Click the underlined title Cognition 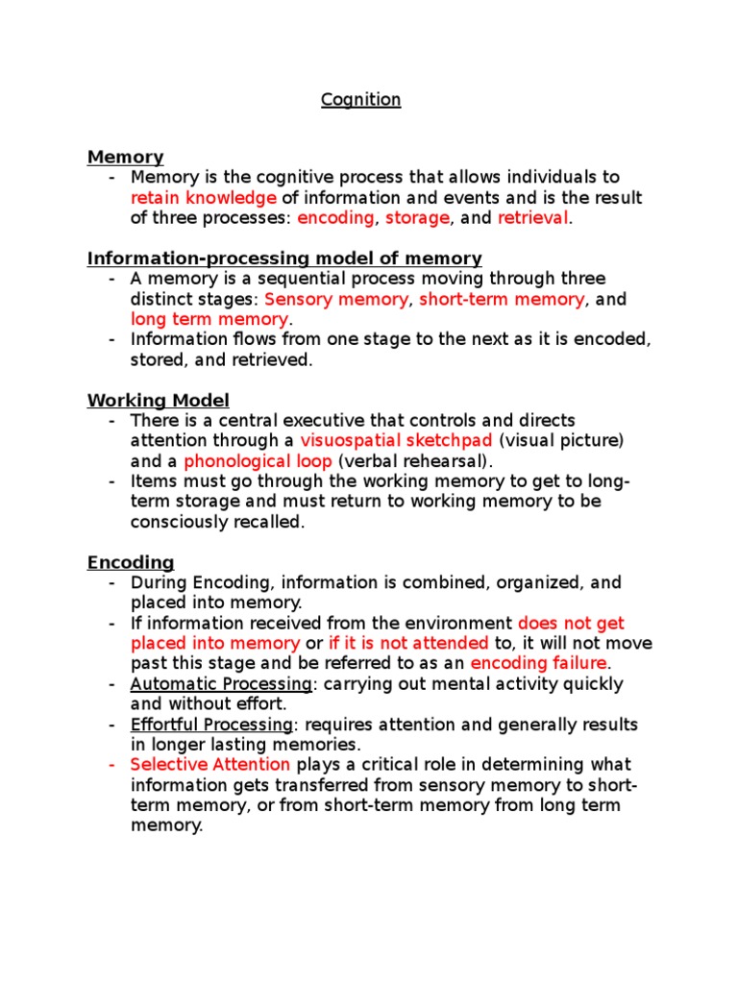pyautogui.click(x=360, y=100)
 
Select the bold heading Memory pyautogui.click(x=125, y=157)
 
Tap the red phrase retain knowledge pyautogui.click(x=203, y=198)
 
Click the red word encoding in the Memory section pyautogui.click(x=335, y=218)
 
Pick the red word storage pyautogui.click(x=417, y=218)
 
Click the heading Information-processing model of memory pyautogui.click(x=284, y=258)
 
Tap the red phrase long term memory pyautogui.click(x=209, y=319)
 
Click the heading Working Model pyautogui.click(x=159, y=400)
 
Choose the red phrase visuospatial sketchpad pyautogui.click(x=396, y=440)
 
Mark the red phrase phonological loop pyautogui.click(x=258, y=460)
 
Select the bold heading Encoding pyautogui.click(x=131, y=562)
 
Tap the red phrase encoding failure pyautogui.click(x=538, y=663)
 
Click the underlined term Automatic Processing pyautogui.click(x=222, y=684)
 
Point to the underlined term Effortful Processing pyautogui.click(x=211, y=725)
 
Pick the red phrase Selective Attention pyautogui.click(x=209, y=765)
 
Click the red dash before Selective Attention pyautogui.click(x=111, y=765)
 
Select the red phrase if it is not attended pyautogui.click(x=408, y=643)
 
